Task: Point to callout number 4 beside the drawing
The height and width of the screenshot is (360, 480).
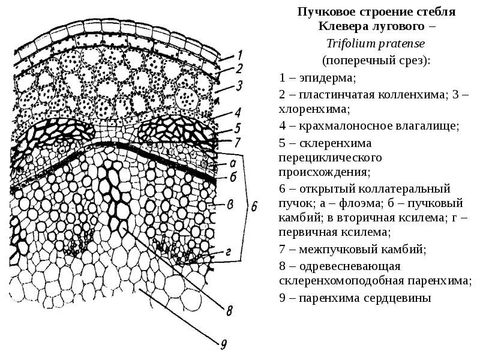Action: pos(238,112)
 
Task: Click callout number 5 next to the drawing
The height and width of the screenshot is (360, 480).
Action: pos(238,128)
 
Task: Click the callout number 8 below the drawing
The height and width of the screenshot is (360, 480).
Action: pos(229,310)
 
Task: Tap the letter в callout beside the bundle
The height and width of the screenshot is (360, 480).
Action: pos(229,204)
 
